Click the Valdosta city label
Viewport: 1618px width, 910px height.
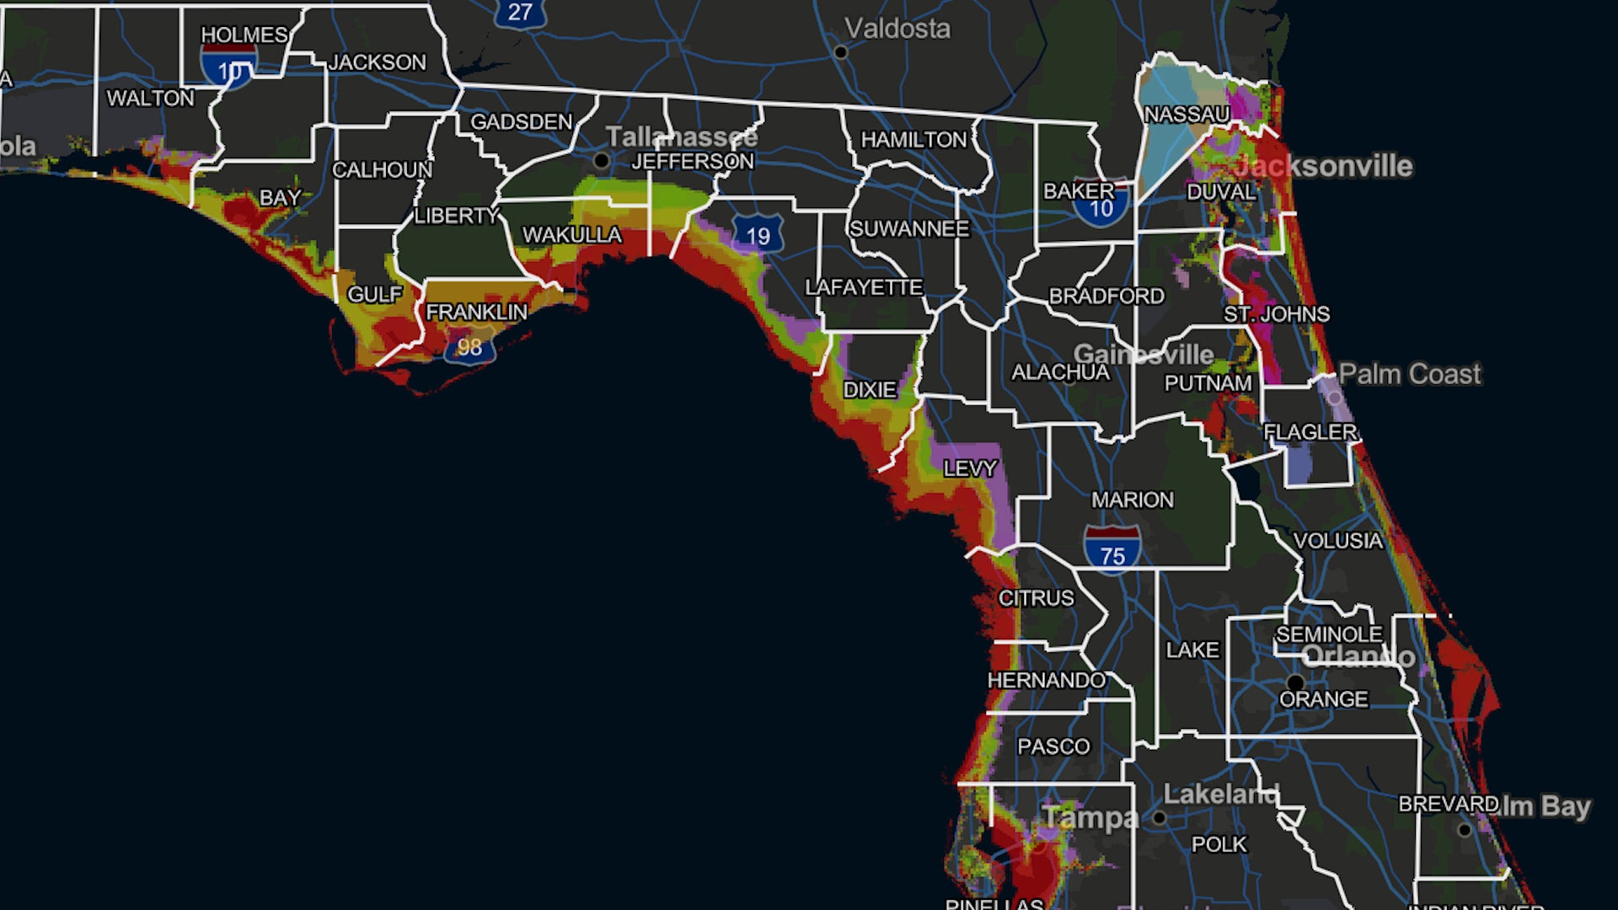(897, 29)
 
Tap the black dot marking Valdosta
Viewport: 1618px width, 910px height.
(840, 52)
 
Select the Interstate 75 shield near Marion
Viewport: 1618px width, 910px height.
(1112, 548)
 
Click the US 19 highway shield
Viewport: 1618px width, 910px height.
(758, 234)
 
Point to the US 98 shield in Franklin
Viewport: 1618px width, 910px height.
(469, 345)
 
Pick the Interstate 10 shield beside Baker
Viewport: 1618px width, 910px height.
(1101, 206)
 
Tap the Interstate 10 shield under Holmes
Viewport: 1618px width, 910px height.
(228, 67)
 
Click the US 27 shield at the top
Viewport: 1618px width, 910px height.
(520, 13)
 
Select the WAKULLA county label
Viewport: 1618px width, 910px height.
(572, 235)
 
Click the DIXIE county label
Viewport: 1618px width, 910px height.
(870, 390)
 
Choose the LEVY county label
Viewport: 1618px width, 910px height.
(970, 468)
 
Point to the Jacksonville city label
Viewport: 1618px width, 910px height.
(1324, 166)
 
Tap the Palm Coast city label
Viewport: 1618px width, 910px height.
(1409, 373)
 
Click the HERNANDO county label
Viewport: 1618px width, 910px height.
(1046, 680)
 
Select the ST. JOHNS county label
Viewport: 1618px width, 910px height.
(1277, 314)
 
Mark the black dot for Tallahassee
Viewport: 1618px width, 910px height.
(601, 160)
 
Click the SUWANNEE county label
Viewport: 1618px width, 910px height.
(909, 228)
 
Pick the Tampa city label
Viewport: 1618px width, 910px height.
(1090, 817)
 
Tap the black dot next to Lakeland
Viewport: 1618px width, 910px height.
(1159, 817)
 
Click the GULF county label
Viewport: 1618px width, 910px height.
(374, 295)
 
